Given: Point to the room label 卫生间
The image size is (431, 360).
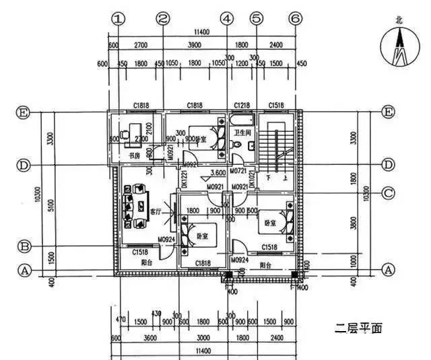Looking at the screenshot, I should (242, 133).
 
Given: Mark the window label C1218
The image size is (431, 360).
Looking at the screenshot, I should (242, 106).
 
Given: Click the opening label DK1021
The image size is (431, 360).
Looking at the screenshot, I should (252, 178).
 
